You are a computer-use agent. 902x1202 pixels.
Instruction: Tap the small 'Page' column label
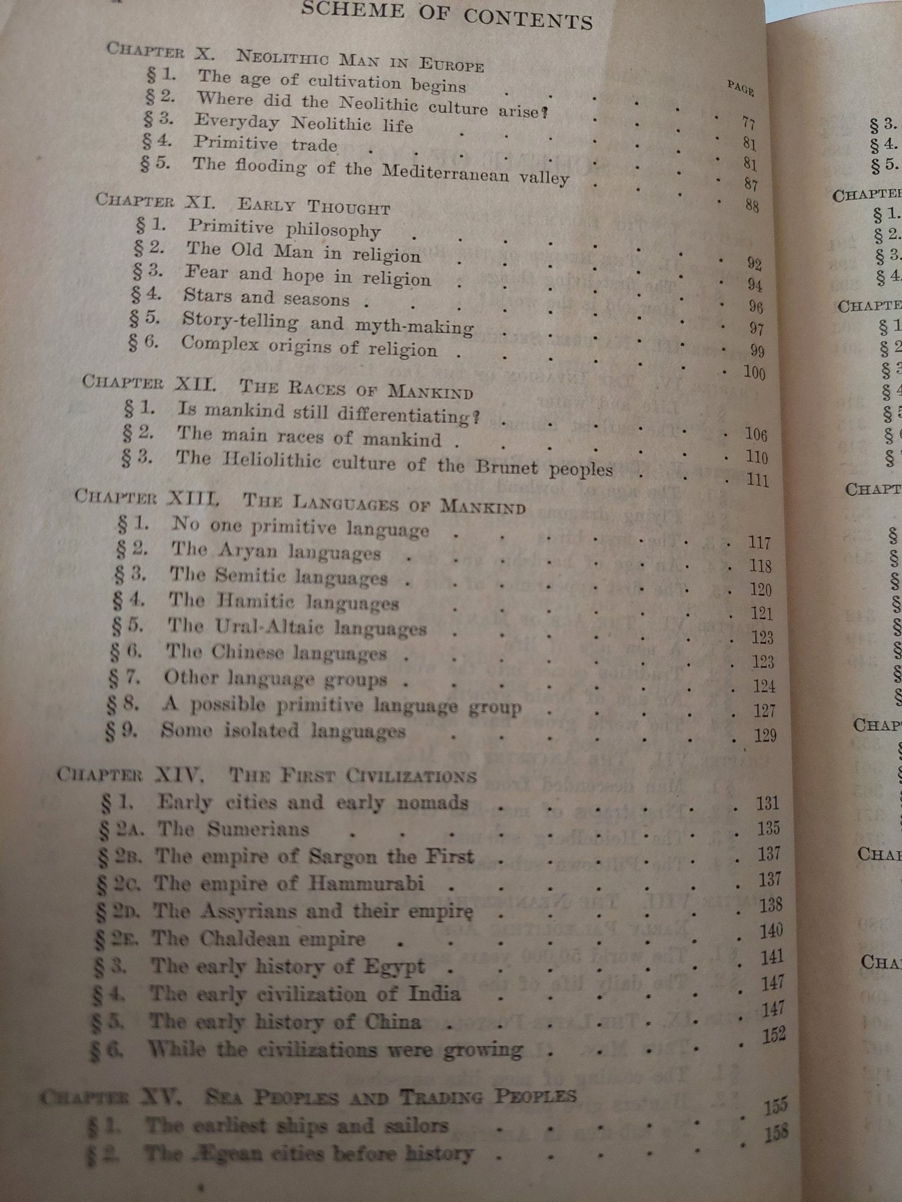[x=741, y=88]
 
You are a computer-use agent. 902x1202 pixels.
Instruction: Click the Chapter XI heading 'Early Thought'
[x=314, y=206]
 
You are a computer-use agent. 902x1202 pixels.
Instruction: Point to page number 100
[x=754, y=373]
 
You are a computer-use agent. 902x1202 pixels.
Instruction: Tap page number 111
[x=757, y=480]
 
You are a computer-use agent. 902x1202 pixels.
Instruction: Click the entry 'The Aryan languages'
[x=276, y=552]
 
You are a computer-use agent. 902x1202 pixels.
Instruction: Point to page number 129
[x=765, y=735]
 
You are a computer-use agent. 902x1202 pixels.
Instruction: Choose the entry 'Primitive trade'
[x=265, y=144]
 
